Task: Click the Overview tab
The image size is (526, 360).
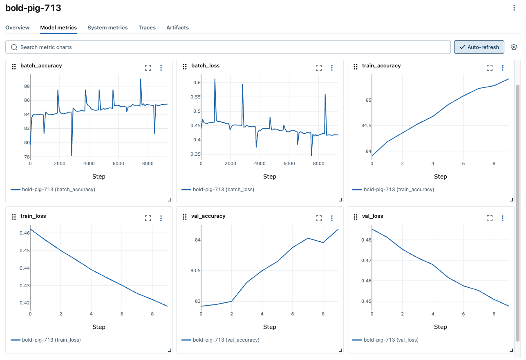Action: tap(17, 28)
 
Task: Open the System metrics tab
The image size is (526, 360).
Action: tap(107, 28)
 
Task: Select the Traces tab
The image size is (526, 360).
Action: tap(147, 28)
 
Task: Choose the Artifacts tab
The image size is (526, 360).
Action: tap(177, 28)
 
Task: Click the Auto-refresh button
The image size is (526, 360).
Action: tap(479, 47)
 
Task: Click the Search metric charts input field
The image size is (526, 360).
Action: tap(229, 47)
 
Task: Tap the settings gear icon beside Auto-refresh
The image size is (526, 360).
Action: tap(514, 47)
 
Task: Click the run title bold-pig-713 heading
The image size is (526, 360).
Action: tap(33, 8)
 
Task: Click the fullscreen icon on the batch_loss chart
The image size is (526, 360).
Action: tap(319, 68)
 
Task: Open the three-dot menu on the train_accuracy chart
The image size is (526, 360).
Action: tap(503, 68)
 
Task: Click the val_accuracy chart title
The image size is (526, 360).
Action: tap(208, 216)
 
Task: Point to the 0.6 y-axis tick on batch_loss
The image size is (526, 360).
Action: tap(197, 83)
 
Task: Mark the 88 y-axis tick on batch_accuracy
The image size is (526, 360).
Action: tap(27, 86)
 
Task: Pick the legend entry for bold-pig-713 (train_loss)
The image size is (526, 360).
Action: tap(51, 340)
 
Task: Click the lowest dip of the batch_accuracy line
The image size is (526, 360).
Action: tap(72, 155)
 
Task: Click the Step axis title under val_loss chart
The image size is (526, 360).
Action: tap(440, 327)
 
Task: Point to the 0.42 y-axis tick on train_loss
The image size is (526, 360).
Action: tap(24, 303)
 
